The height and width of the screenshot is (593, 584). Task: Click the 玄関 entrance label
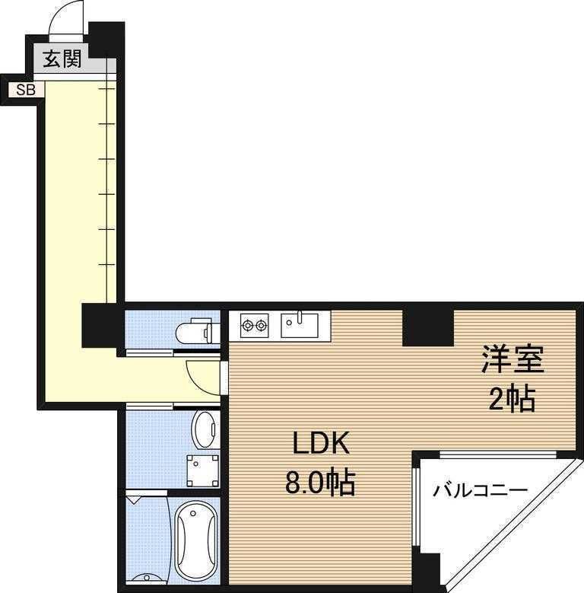62,59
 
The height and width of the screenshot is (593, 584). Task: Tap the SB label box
26,89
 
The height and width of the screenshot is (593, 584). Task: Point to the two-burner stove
254,327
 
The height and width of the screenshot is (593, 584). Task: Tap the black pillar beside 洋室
427,325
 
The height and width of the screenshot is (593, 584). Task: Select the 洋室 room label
511,360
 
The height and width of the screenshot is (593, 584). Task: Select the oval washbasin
204,430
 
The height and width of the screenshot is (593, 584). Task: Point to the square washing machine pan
202,470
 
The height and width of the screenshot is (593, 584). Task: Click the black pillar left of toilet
101,323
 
